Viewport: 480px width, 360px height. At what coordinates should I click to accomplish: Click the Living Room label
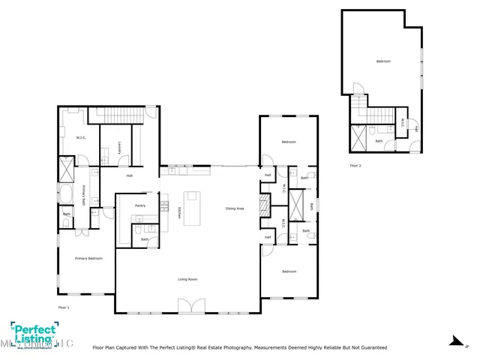[x=187, y=279]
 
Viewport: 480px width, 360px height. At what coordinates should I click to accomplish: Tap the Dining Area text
[x=235, y=208]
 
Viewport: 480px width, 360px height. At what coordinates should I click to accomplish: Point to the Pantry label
[x=139, y=205]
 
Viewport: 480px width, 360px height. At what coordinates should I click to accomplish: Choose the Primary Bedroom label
[x=88, y=258]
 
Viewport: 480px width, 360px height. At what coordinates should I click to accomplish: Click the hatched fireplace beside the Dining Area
[x=263, y=205]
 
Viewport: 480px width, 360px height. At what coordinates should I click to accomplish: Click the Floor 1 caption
[x=64, y=307]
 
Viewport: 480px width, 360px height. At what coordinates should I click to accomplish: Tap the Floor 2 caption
[x=355, y=165]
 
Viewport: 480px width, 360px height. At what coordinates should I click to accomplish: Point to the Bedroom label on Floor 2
[x=383, y=61]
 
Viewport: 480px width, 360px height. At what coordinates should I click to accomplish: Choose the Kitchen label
[x=179, y=213]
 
